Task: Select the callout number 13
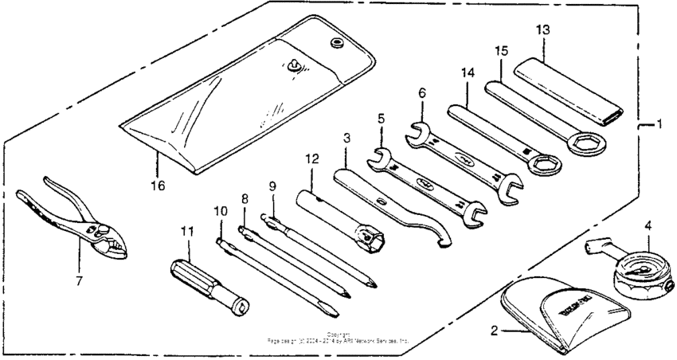click(542, 30)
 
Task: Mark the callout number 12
click(311, 159)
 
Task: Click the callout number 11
click(187, 232)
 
